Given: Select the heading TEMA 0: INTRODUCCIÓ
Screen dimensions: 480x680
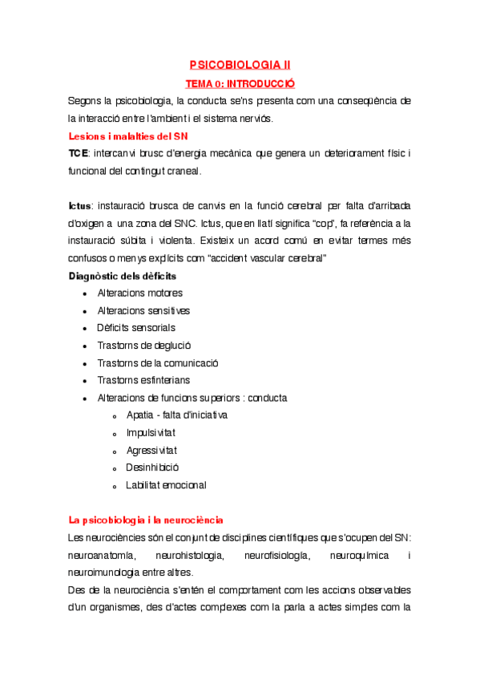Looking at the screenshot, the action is [240, 83].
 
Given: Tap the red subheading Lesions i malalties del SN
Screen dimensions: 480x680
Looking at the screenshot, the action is [128, 136].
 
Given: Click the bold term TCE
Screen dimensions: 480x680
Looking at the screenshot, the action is [79, 153].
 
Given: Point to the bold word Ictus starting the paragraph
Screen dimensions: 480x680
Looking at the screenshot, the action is [79, 206].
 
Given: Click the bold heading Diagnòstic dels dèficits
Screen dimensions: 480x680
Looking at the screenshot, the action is [123, 276].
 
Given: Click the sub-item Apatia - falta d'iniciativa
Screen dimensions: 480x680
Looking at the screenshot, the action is [176, 415].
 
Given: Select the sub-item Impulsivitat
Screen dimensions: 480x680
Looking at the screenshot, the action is [151, 433].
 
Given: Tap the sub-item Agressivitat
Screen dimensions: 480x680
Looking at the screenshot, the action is [151, 451].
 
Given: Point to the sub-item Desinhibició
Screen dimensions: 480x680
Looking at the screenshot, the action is [152, 467].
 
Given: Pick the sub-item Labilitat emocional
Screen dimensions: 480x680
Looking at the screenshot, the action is [166, 485].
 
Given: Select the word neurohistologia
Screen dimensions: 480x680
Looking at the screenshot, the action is [195, 555].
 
